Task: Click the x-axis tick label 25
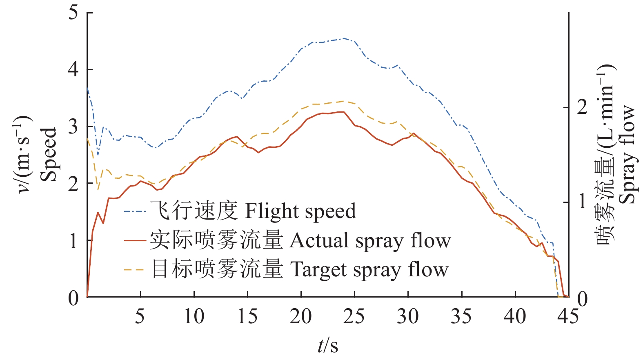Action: click(354, 316)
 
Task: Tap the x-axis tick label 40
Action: click(515, 316)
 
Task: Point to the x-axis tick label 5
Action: click(140, 316)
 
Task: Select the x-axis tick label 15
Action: click(247, 316)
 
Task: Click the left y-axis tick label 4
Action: click(73, 69)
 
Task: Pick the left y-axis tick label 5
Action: click(73, 13)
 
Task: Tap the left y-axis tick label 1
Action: click(73, 240)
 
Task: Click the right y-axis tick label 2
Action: click(582, 107)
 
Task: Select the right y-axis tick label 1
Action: click(582, 202)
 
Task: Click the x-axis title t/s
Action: click(328, 345)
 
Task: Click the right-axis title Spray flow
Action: click(627, 154)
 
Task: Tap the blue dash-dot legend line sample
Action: click(135, 211)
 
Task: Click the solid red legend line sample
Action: click(135, 241)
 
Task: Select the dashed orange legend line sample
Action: click(135, 270)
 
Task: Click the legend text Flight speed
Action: click(300, 211)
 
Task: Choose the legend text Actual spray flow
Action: click(370, 241)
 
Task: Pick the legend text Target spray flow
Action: click(369, 270)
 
